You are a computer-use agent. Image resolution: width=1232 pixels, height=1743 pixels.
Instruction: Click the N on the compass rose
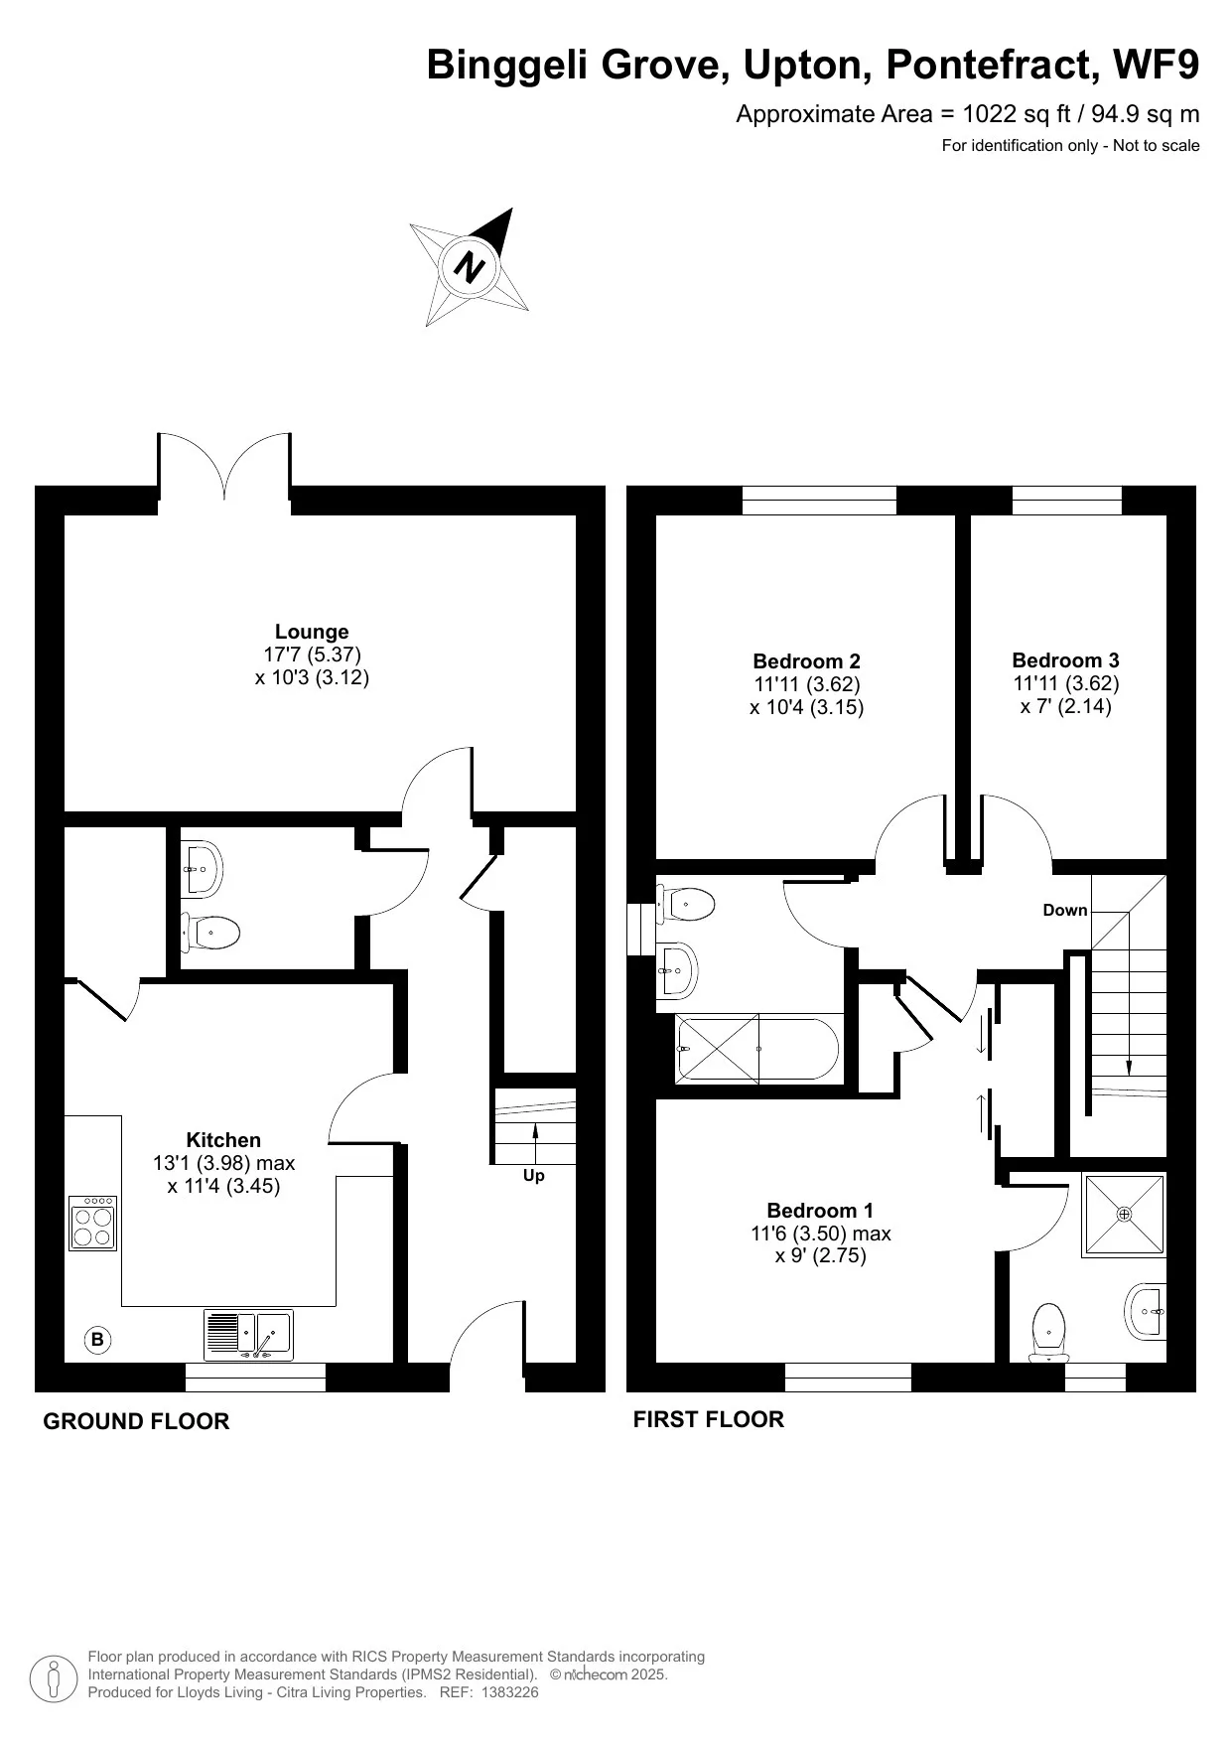point(470,267)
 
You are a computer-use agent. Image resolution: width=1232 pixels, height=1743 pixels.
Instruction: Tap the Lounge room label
point(312,632)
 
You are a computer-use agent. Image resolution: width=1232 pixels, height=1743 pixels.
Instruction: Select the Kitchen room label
point(223,1140)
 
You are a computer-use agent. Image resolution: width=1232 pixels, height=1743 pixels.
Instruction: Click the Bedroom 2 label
point(806,661)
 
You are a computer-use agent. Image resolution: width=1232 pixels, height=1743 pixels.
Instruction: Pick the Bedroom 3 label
point(1065,660)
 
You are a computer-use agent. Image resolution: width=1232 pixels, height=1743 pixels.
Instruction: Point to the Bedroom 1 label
point(820,1211)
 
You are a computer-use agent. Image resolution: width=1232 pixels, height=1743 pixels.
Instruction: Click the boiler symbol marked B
point(97,1340)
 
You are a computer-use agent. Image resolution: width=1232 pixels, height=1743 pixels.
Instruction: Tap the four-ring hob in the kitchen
point(93,1223)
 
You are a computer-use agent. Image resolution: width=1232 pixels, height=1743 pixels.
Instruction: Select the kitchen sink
point(249,1334)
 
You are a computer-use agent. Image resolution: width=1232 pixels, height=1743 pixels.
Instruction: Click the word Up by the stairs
point(533,1176)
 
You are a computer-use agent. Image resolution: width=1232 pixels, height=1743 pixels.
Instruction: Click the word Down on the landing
point(1064,911)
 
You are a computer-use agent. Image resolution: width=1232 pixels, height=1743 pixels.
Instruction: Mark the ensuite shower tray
point(1124,1215)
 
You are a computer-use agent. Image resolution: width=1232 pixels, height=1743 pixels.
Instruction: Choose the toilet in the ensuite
point(1048,1332)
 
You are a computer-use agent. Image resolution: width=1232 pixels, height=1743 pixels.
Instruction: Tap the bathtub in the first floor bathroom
point(756,1049)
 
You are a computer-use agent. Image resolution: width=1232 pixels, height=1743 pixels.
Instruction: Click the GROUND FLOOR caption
point(136,1421)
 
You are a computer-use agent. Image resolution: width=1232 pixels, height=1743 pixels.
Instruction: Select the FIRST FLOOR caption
point(708,1419)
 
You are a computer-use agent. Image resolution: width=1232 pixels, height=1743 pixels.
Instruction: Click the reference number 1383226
point(509,1693)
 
